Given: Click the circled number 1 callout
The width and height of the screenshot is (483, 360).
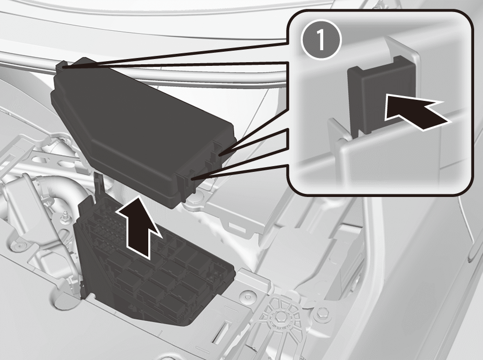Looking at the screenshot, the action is coord(321,40).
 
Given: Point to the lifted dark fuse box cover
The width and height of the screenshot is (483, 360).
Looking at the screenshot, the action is coord(142,130).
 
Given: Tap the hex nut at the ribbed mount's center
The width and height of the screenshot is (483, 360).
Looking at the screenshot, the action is coord(279,316).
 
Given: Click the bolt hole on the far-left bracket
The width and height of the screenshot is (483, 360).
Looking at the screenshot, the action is coord(19,246).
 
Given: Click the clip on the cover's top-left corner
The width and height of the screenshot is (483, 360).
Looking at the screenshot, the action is coord(62,65).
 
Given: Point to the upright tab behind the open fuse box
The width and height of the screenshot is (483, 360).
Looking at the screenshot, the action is coord(99,184).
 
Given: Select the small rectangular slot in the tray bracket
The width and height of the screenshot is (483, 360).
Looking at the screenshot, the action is coord(235,227).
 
